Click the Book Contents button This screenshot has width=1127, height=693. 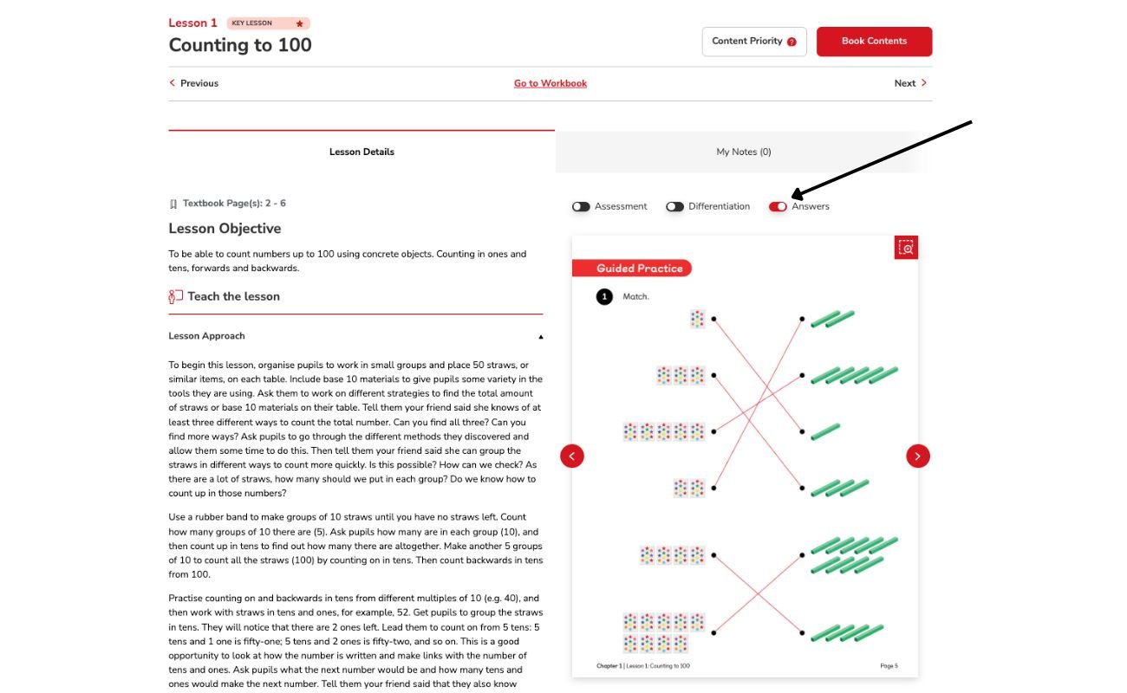pyautogui.click(x=874, y=42)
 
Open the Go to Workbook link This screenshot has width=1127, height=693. pyautogui.click(x=550, y=83)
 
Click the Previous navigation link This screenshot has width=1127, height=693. pyautogui.click(x=194, y=83)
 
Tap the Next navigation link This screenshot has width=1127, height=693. pyautogui.click(x=910, y=83)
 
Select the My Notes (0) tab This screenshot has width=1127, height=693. pyautogui.click(x=743, y=152)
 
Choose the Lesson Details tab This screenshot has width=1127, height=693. pyautogui.click(x=362, y=152)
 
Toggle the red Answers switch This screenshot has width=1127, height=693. pyautogui.click(x=778, y=206)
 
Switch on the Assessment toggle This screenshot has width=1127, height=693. pyautogui.click(x=581, y=206)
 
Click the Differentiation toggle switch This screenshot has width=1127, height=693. pyautogui.click(x=674, y=206)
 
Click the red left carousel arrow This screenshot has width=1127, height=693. pyautogui.click(x=572, y=456)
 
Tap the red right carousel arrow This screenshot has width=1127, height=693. pyautogui.click(x=918, y=456)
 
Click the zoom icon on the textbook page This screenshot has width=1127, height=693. pyautogui.click(x=906, y=248)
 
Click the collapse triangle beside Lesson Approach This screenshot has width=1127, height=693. pyautogui.click(x=541, y=336)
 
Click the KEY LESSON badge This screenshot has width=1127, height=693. pyautogui.click(x=268, y=23)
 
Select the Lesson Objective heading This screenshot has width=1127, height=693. pyautogui.click(x=225, y=229)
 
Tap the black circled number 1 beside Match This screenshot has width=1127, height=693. pyautogui.click(x=605, y=297)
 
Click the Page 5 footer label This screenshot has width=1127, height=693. pyautogui.click(x=889, y=666)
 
